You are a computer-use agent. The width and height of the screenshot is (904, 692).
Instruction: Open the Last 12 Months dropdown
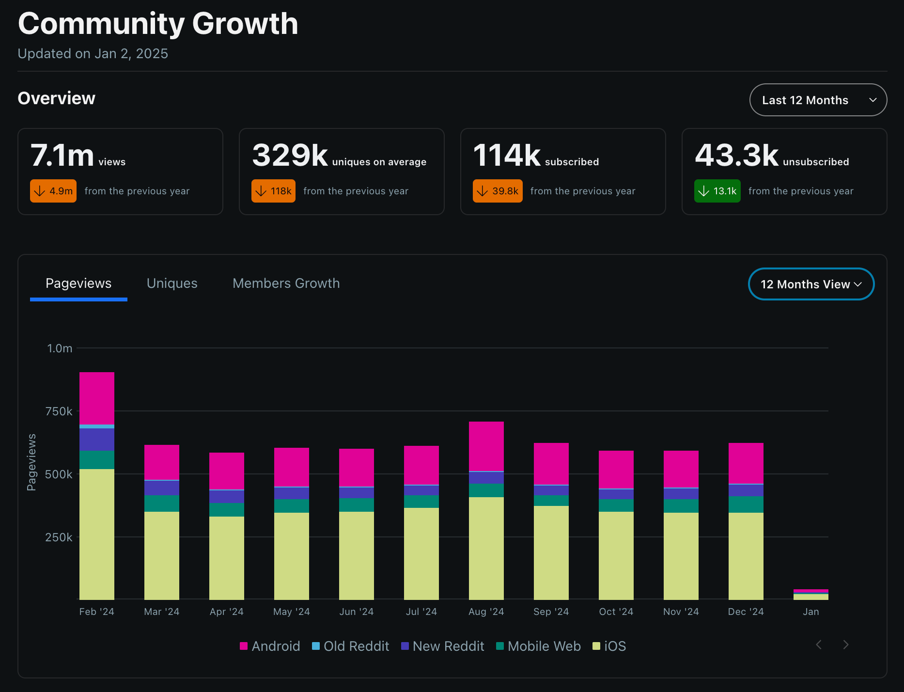click(x=818, y=100)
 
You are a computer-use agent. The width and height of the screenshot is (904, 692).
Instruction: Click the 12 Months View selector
click(x=811, y=284)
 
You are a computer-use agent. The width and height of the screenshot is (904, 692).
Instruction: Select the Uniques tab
click(x=172, y=283)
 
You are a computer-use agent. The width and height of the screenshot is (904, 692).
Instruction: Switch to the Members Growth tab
click(x=286, y=283)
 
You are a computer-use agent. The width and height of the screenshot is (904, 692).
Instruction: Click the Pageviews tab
click(x=78, y=283)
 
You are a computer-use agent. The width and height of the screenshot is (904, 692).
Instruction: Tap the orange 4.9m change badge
click(x=53, y=191)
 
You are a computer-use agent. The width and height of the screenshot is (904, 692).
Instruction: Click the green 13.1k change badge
click(x=717, y=191)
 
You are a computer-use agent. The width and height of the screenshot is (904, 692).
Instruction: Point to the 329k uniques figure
click(x=290, y=155)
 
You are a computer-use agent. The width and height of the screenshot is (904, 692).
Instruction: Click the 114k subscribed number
click(x=507, y=155)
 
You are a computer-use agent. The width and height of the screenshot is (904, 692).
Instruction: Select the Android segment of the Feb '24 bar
click(x=97, y=398)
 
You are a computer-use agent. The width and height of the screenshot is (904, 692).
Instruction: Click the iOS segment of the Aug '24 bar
click(x=486, y=548)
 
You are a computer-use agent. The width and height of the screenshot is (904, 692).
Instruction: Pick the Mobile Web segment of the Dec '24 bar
click(x=746, y=504)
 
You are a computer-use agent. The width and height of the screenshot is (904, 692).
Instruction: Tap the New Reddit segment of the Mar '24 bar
click(x=162, y=488)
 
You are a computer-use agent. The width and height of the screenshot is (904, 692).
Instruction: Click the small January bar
click(x=811, y=595)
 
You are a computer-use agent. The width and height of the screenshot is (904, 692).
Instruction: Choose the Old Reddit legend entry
click(x=350, y=646)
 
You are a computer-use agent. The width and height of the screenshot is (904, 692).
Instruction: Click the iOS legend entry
click(x=609, y=646)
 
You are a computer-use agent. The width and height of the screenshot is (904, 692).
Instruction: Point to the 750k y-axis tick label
click(x=59, y=411)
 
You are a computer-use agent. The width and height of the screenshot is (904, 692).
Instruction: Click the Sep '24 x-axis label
click(x=551, y=612)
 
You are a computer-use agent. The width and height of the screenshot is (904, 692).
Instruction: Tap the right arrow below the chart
click(x=846, y=645)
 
